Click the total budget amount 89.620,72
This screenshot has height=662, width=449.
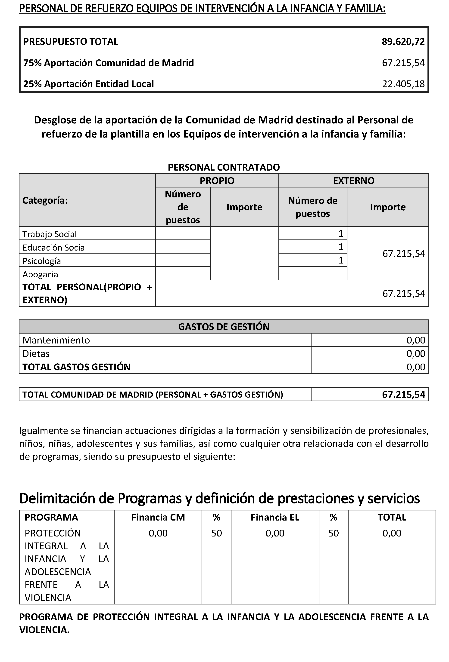pyautogui.click(x=403, y=42)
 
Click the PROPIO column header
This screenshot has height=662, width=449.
pyautogui.click(x=217, y=181)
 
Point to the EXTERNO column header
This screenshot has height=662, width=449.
pyautogui.click(x=353, y=181)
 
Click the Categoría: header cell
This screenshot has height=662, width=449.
pyautogui.click(x=45, y=201)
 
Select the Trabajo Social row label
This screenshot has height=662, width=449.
pyautogui.click(x=49, y=234)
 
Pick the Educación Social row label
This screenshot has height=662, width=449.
pyautogui.click(x=54, y=248)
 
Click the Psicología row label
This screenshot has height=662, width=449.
pyautogui.click(x=42, y=261)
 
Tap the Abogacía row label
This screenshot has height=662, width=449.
pyautogui.click(x=40, y=274)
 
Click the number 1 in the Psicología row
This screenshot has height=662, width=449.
pyautogui.click(x=341, y=260)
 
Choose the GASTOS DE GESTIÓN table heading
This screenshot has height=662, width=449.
pyautogui.click(x=224, y=327)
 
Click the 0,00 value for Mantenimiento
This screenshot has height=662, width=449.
pyautogui.click(x=416, y=340)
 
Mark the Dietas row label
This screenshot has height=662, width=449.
pyautogui.click(x=36, y=353)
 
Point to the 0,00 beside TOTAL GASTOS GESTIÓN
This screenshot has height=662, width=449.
pyautogui.click(x=416, y=367)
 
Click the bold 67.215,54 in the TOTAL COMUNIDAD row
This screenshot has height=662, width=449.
pyautogui.click(x=403, y=395)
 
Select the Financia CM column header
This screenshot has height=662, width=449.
pyautogui.click(x=158, y=517)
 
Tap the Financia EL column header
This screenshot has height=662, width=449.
pyautogui.click(x=275, y=517)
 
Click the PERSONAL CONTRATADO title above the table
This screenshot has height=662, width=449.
pyautogui.click(x=224, y=167)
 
